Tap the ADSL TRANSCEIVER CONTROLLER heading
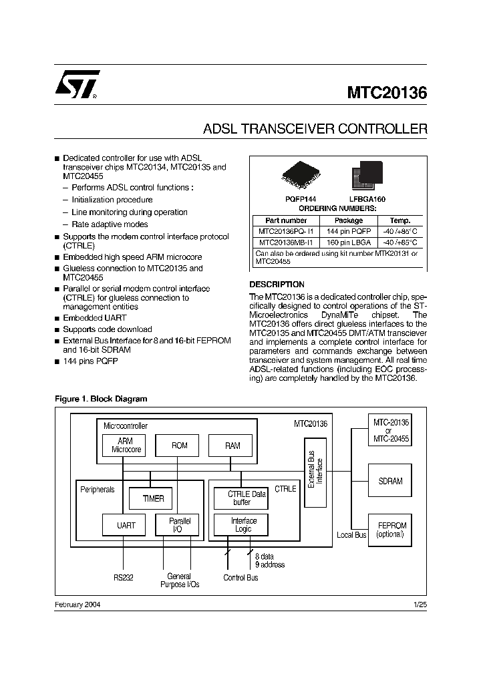[x=315, y=128]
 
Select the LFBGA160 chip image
[x=367, y=174]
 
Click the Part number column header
[x=286, y=220]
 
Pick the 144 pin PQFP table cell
[x=348, y=231]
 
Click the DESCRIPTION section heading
[x=277, y=284]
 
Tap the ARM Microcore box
[x=126, y=446]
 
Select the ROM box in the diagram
[x=180, y=446]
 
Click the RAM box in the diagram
[x=232, y=446]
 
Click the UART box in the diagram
[x=126, y=525]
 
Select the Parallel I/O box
[x=176, y=525]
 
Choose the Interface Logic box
[x=244, y=525]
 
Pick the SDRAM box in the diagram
[x=390, y=481]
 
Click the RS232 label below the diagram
[x=123, y=577]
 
